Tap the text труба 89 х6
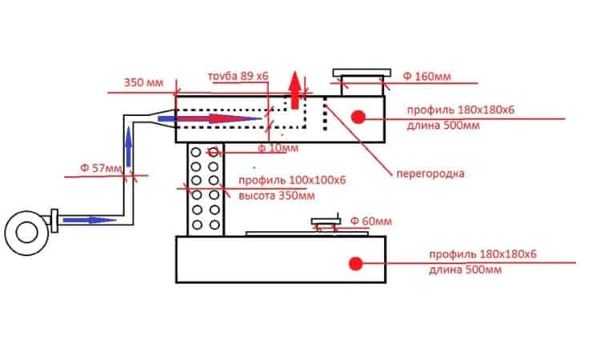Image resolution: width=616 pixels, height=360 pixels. [238, 76]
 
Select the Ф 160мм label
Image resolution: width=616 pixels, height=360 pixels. [426, 76]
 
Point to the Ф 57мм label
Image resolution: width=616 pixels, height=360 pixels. [102, 169]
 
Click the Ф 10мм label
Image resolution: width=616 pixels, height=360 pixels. [278, 148]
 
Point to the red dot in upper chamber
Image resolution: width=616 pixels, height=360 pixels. [358, 116]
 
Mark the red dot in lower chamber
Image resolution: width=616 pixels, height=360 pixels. [353, 262]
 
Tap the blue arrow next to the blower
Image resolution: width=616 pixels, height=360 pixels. [89, 219]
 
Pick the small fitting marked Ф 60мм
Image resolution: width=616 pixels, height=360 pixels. [325, 224]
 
